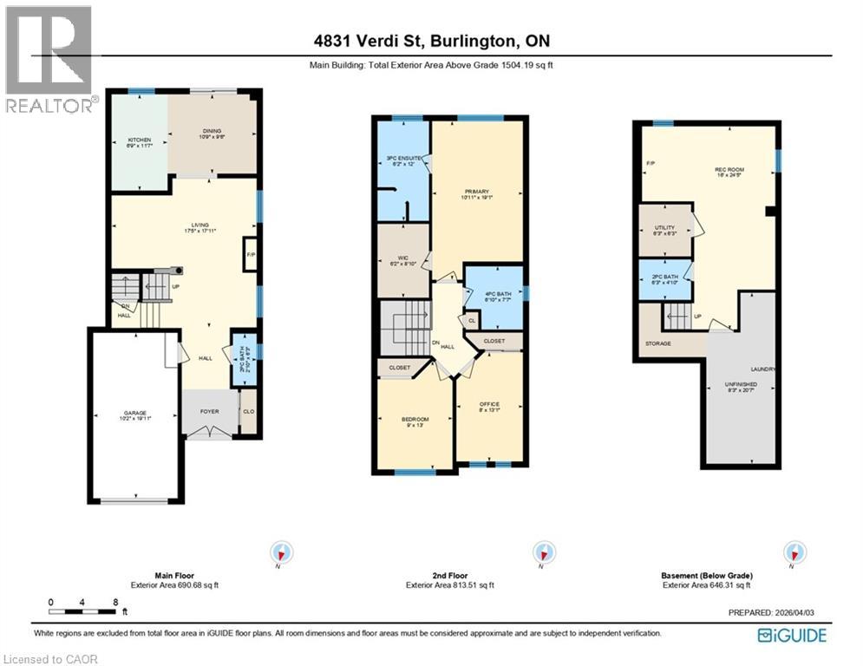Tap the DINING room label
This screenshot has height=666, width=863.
click(x=212, y=132)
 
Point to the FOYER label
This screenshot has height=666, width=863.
click(x=209, y=411)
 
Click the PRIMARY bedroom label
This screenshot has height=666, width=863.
click(x=477, y=192)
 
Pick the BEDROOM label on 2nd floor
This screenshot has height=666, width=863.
click(x=415, y=420)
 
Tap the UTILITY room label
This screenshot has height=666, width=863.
click(x=664, y=228)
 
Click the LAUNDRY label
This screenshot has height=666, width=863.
click(x=762, y=369)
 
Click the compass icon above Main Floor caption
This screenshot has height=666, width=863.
click(x=282, y=552)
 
